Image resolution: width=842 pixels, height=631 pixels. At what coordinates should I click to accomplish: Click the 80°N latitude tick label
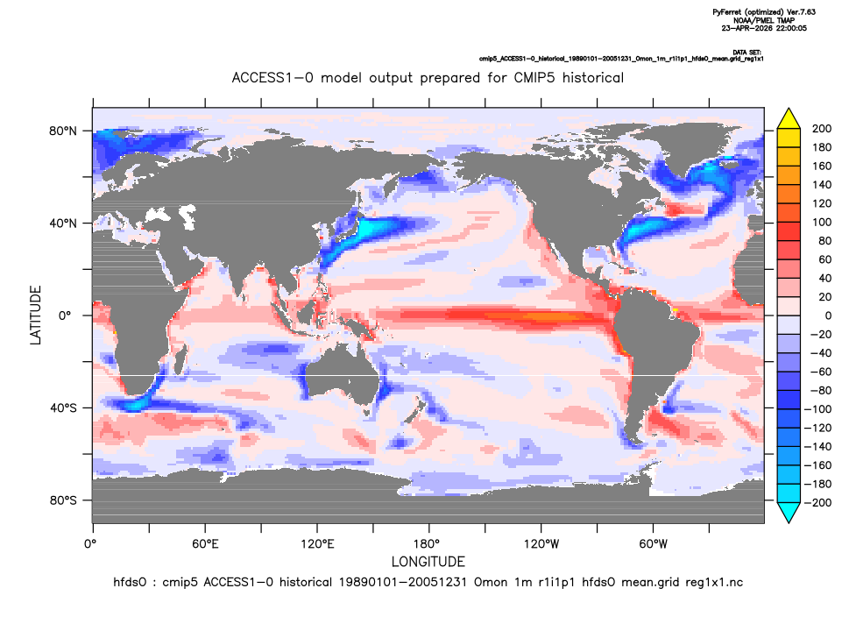coord(63,131)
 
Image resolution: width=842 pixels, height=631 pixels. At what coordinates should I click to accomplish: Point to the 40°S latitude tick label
coord(63,408)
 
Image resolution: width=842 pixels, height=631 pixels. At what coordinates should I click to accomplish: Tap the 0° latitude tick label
coord(65,315)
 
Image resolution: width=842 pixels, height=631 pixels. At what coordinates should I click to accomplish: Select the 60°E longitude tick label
coord(205,544)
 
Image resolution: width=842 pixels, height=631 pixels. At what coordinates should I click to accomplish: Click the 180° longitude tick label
coord(429,544)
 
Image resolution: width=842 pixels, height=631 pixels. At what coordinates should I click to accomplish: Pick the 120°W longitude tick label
coord(541,544)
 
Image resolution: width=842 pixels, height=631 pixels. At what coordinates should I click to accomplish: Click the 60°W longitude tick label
coord(654,544)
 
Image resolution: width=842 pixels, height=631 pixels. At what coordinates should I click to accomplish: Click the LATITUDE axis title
coord(35,315)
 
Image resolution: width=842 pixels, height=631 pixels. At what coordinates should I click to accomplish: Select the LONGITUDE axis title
coord(428,562)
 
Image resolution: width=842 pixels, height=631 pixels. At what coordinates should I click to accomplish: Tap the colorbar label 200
coord(822,129)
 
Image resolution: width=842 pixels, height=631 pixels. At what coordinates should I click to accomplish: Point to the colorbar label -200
coord(817,503)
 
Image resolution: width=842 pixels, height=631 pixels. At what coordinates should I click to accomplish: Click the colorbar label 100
coord(822,223)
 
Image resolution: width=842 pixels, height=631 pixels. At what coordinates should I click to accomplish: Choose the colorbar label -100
coord(817,409)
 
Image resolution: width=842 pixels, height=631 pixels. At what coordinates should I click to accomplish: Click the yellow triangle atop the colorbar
coord(789,120)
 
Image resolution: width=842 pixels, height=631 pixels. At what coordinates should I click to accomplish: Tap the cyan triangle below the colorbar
coord(789,512)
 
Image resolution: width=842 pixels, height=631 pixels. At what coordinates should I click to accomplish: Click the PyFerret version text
coord(764,11)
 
